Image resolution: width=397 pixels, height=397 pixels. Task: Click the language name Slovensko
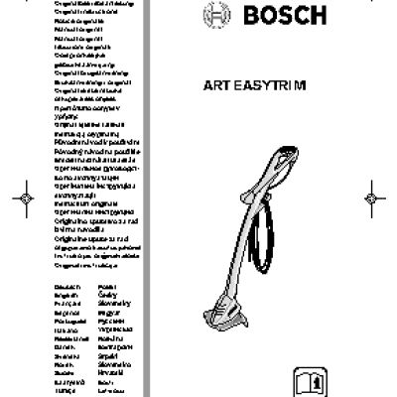[x=112, y=364]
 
